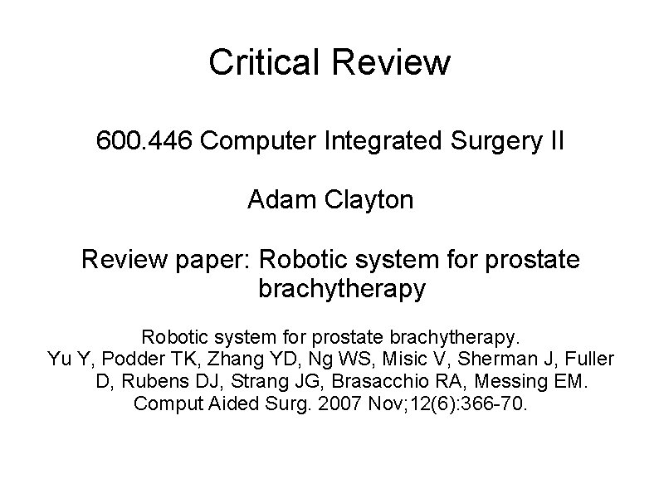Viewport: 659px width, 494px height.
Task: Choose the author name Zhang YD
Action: click(x=217, y=359)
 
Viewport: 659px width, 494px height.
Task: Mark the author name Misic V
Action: click(x=364, y=359)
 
